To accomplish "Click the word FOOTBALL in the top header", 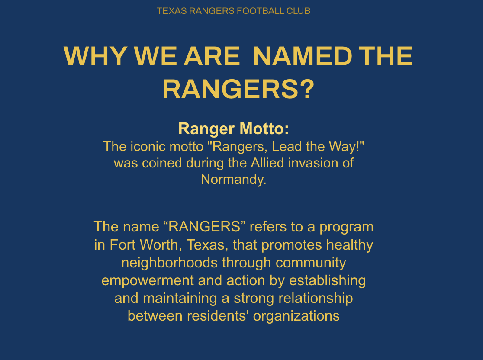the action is (x=260, y=11).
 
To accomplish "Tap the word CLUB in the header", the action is (x=298, y=11).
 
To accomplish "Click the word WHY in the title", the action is (x=95, y=56).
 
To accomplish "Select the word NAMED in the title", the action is (x=302, y=56).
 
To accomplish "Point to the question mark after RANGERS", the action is (x=307, y=89).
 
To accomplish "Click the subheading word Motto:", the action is (x=264, y=129).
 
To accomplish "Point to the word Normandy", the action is (x=233, y=179).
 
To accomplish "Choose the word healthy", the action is (x=350, y=245).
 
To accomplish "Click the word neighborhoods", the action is (x=169, y=263).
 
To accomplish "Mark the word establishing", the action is (x=328, y=280).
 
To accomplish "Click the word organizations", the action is (x=296, y=316).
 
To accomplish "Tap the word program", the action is (x=347, y=227).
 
